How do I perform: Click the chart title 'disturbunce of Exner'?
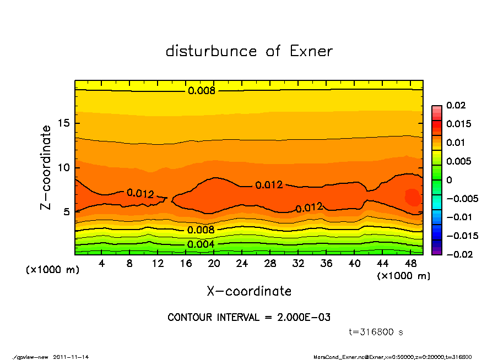249,51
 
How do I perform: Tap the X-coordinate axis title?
249,291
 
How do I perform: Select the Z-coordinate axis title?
46,167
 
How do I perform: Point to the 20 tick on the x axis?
214,263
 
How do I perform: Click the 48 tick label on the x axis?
411,263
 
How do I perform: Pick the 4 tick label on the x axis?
102,263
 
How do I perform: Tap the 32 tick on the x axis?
299,263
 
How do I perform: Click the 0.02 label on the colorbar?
456,105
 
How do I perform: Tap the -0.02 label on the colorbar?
456,254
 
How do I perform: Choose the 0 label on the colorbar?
449,180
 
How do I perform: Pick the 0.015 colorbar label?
458,124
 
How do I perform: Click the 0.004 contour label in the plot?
201,244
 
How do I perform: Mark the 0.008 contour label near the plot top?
202,91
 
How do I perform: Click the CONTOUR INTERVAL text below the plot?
249,318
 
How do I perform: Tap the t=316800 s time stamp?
376,332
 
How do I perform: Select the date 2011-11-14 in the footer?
71,357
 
